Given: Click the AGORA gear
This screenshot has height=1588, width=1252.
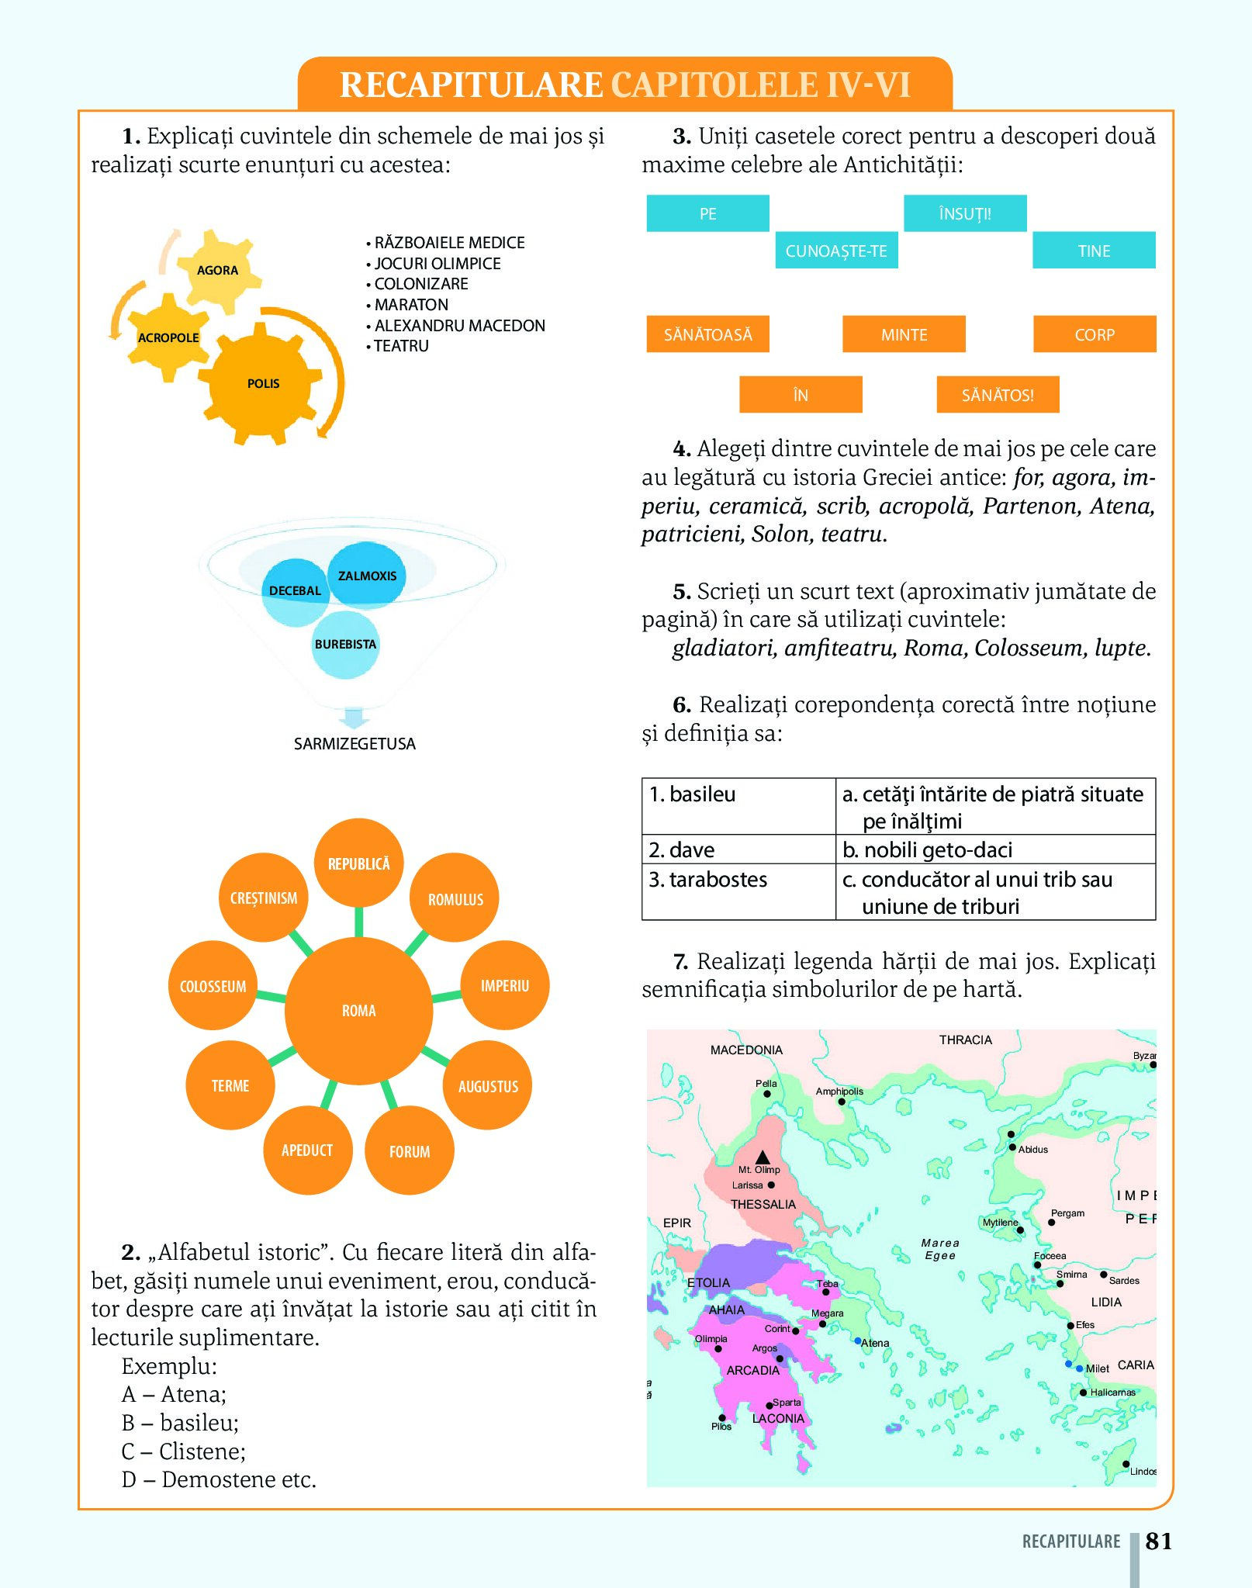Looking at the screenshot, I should click(x=216, y=270).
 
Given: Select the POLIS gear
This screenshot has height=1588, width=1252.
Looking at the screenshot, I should click(x=263, y=383).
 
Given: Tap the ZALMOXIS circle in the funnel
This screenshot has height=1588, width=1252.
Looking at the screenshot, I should click(x=367, y=576).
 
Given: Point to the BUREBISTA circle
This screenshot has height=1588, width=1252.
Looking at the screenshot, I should click(x=345, y=644).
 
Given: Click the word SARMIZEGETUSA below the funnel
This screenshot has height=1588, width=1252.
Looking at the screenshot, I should click(x=355, y=744).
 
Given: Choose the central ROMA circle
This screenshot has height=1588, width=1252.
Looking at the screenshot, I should click(x=358, y=1010).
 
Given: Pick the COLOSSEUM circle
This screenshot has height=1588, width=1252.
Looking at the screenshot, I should click(x=213, y=986).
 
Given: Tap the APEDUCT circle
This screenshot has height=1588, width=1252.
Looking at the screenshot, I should click(x=307, y=1150).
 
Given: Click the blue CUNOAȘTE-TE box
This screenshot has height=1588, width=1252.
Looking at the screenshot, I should click(x=836, y=251).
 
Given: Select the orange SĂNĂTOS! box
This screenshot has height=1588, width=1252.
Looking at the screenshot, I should click(x=998, y=395).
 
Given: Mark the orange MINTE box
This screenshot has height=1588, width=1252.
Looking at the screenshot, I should click(x=904, y=334).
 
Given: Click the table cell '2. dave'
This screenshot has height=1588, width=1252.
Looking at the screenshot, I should click(x=738, y=849).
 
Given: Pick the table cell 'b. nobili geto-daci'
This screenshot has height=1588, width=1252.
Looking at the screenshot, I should click(x=994, y=849).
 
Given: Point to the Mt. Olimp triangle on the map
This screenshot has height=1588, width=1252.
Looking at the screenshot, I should click(x=763, y=1157).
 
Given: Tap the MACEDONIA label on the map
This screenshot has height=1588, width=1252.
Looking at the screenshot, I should click(x=746, y=1050).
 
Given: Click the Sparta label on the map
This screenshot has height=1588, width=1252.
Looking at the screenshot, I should click(x=787, y=1402).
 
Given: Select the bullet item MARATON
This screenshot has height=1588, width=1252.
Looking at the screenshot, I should click(x=411, y=305).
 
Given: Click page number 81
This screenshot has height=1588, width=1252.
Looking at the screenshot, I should click(x=1158, y=1541).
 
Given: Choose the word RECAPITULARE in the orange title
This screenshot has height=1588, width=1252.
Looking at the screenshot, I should click(x=471, y=85).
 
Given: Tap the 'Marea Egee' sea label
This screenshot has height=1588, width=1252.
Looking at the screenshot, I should click(x=940, y=1249).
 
